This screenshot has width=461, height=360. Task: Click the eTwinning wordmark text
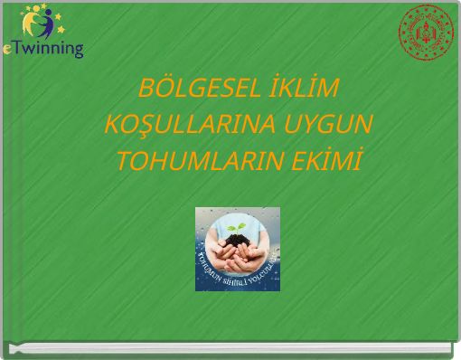click(45, 48)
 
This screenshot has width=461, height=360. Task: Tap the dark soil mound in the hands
click(239, 236)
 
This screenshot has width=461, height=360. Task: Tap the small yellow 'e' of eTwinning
click(8, 49)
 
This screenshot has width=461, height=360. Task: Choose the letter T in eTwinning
click(19, 47)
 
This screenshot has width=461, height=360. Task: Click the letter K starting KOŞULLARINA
click(113, 126)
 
